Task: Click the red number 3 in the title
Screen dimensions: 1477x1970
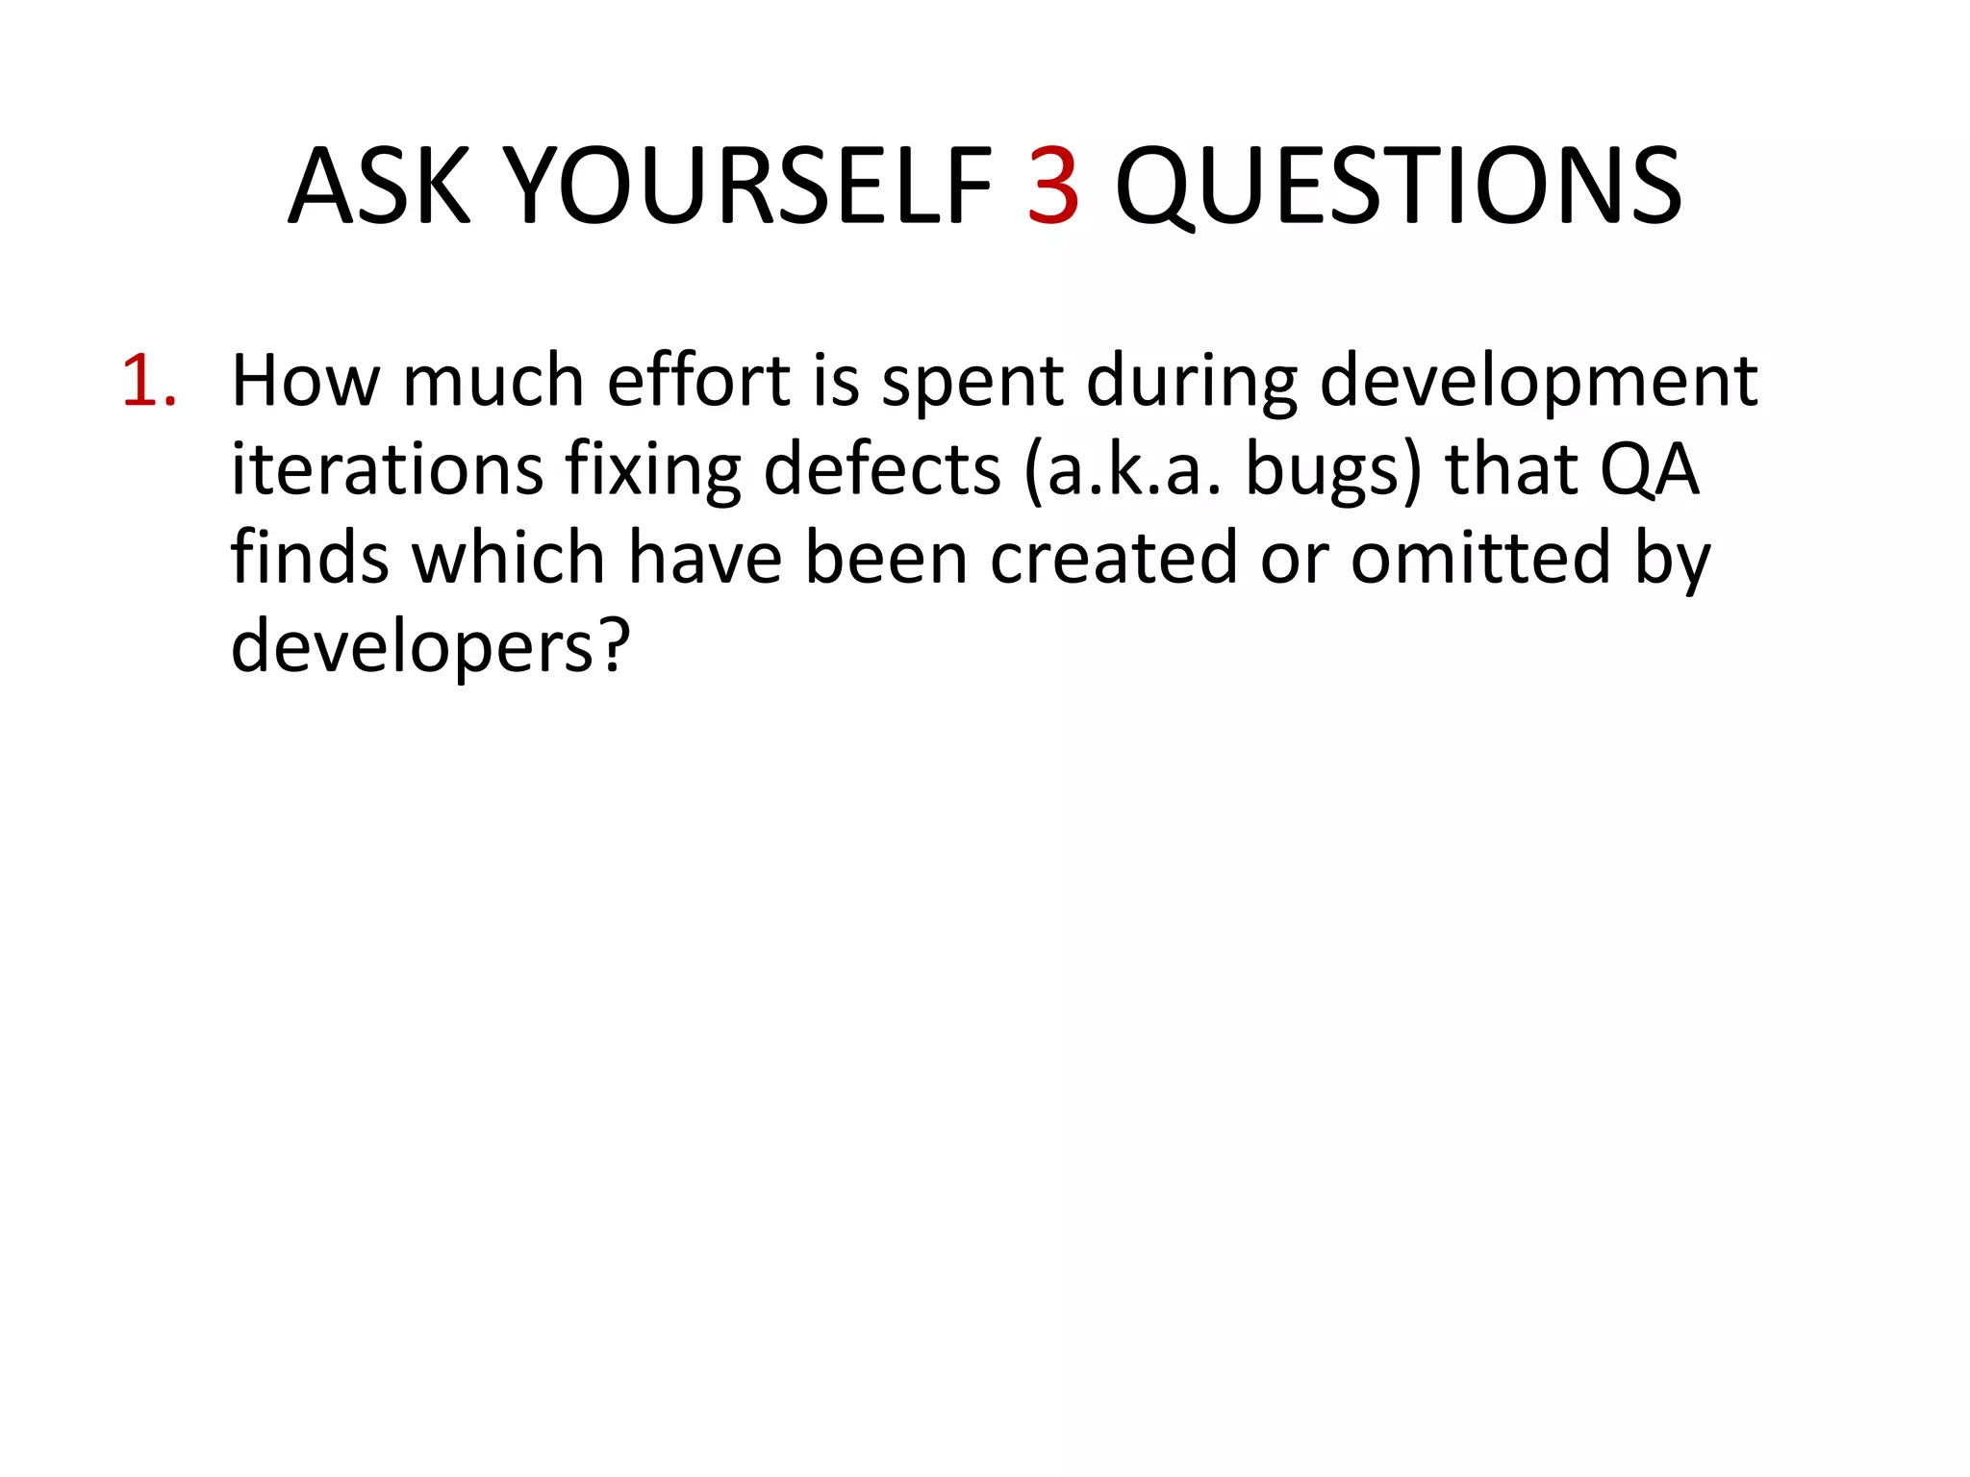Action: [x=1053, y=187]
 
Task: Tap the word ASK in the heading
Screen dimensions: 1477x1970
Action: [x=379, y=187]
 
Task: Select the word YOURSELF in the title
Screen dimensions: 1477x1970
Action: [x=748, y=187]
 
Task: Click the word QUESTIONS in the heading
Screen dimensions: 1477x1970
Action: [x=1398, y=187]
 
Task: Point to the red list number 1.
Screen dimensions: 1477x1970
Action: [x=149, y=382]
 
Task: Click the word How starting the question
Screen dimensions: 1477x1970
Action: [x=305, y=382]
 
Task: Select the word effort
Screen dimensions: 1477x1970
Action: [x=698, y=382]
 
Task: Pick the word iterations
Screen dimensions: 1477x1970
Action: [x=387, y=470]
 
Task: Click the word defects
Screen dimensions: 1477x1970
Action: [x=881, y=470]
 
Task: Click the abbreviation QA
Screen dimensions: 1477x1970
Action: [x=1649, y=470]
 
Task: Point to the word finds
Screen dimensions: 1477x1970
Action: [x=309, y=559]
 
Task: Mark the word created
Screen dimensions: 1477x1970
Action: [x=1113, y=559]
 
